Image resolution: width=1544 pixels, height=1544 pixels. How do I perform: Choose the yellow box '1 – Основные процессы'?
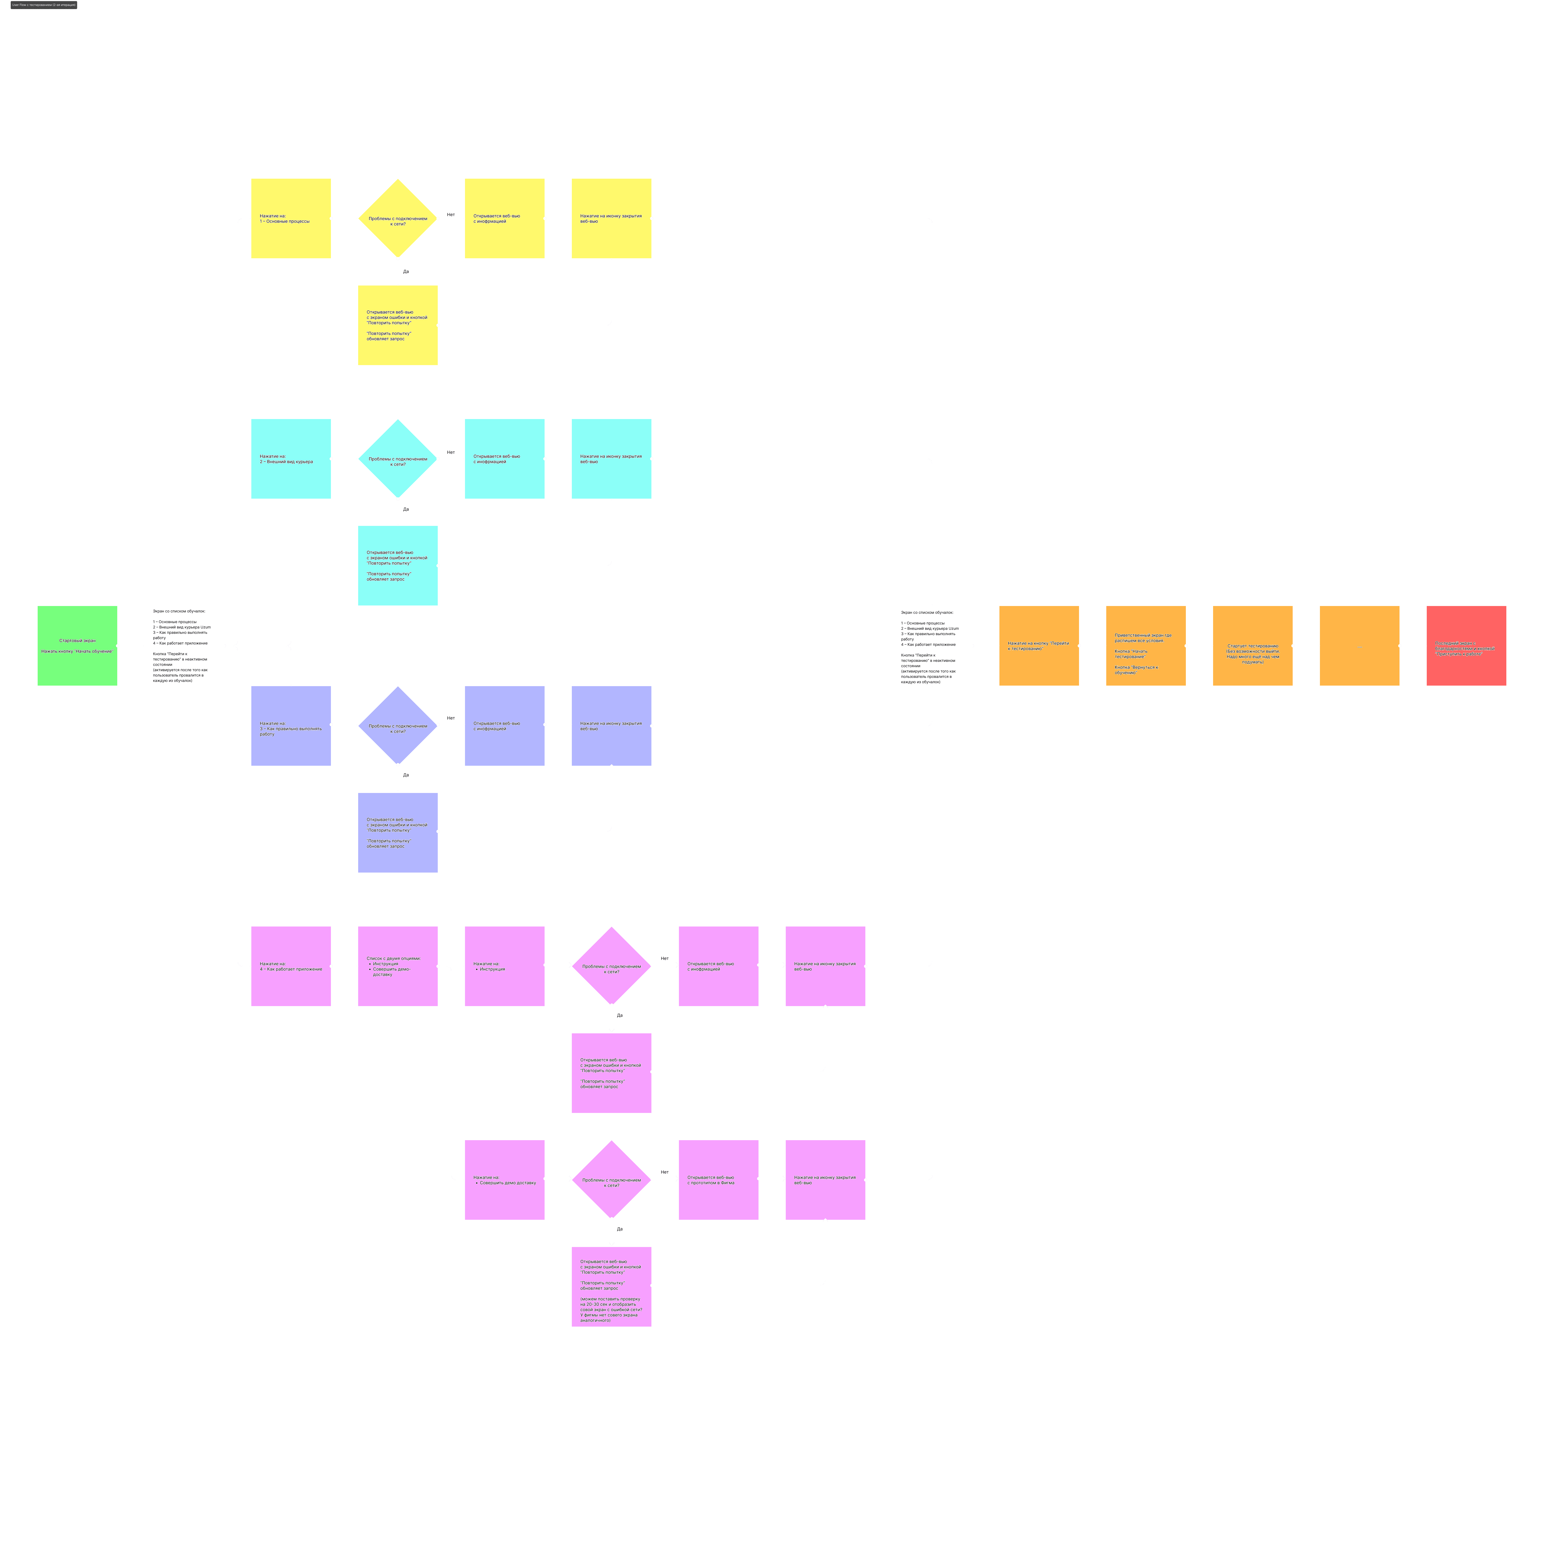[x=291, y=218]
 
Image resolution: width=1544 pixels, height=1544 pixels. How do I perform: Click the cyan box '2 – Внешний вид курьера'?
[x=291, y=459]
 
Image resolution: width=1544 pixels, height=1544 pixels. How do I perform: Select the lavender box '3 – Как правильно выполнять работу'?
[x=291, y=726]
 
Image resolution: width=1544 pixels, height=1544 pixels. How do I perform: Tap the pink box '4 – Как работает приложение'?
[x=291, y=966]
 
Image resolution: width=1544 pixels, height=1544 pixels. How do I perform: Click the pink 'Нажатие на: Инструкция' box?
[x=504, y=966]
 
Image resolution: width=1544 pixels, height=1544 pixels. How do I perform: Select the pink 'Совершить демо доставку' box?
[x=504, y=1180]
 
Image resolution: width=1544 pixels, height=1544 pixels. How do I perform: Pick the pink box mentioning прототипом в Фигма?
[x=718, y=1180]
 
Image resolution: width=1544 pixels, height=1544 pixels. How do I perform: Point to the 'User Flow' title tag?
[x=44, y=5]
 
